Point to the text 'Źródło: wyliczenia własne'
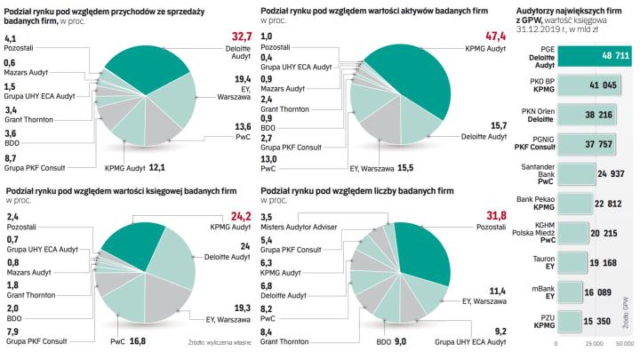click(x=218, y=342)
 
